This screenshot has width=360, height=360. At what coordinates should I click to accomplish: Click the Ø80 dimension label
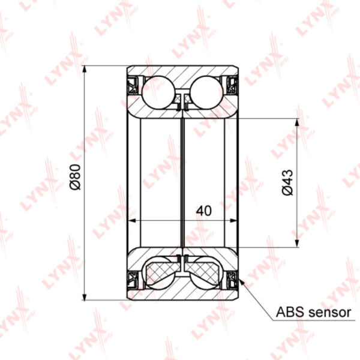coord(76,177)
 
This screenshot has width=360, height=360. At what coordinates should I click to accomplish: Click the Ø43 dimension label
coord(287,182)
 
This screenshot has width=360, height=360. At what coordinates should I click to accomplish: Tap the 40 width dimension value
coord(204,211)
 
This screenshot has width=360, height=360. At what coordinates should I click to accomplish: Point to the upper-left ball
coord(158,92)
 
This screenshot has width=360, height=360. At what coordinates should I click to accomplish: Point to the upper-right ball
coord(206,92)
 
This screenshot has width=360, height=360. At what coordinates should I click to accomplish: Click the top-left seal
coord(133,85)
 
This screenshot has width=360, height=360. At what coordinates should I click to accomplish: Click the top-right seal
coord(232,85)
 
